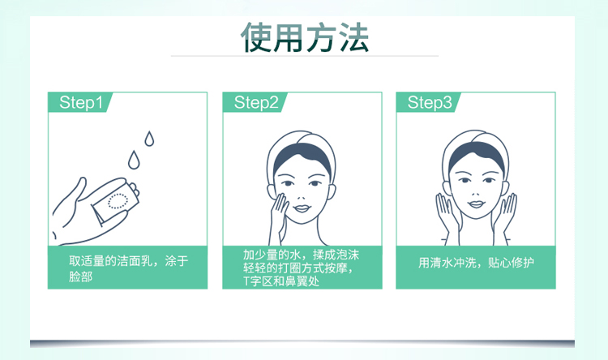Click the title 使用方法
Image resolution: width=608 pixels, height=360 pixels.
point(304,37)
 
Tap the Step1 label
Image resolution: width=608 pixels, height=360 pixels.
point(81,102)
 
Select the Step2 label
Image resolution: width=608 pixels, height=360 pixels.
point(256,102)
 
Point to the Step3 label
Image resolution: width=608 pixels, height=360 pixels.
point(430,102)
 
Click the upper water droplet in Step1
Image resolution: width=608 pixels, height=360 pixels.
point(149,139)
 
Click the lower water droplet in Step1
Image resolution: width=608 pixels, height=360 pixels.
point(134,160)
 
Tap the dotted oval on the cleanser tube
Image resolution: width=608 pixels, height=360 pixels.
point(118,201)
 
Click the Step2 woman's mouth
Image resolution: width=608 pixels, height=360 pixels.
point(302,208)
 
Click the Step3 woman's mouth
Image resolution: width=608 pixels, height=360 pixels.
point(476,204)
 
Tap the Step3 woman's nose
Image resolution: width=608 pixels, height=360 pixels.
point(476,191)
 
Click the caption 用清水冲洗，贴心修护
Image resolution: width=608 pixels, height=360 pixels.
point(476,263)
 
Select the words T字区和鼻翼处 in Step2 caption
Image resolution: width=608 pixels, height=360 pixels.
point(281,281)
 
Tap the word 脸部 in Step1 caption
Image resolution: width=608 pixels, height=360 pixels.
point(80,276)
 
